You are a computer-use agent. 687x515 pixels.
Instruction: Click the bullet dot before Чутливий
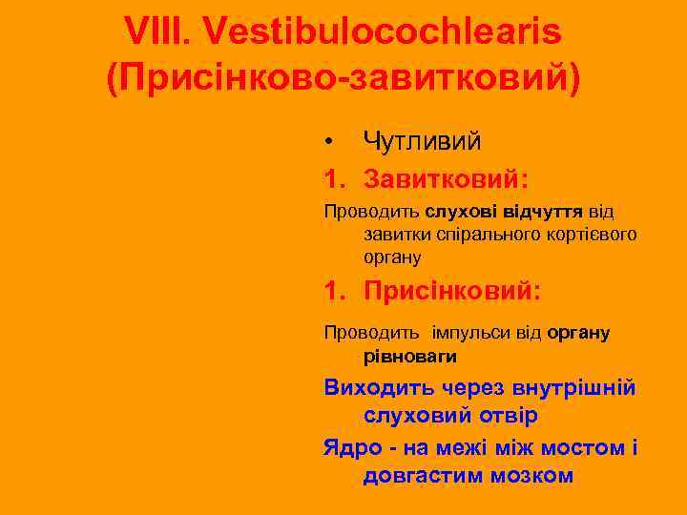328,142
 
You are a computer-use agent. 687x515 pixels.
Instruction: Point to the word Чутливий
422,141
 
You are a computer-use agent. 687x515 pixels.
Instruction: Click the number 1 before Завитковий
332,178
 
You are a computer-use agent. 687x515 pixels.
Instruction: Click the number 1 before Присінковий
332,288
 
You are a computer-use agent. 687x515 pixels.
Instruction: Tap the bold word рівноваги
409,356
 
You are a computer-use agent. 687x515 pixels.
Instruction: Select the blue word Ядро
350,446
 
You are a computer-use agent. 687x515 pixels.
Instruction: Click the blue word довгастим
421,474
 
